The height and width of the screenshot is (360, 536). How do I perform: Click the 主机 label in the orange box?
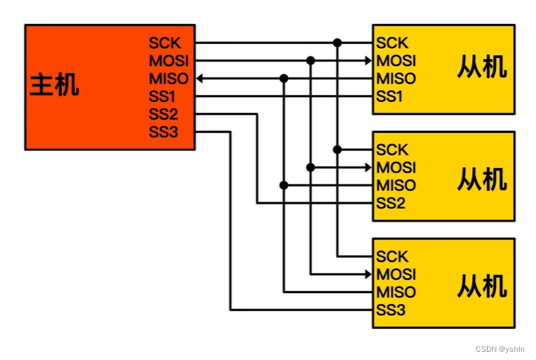54,86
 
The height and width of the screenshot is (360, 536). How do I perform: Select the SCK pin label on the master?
165,43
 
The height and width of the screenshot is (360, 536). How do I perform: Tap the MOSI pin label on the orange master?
168,60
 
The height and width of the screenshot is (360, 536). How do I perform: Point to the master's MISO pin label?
168,78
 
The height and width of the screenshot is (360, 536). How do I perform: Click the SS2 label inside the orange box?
164,115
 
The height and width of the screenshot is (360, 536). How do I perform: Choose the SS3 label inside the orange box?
164,132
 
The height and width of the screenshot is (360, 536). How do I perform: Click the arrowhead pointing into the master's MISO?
200,78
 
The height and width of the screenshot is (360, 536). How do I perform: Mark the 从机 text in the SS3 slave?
482,285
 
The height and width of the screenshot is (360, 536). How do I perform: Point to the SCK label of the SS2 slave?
392,150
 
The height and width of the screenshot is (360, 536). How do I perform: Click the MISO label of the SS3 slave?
396,292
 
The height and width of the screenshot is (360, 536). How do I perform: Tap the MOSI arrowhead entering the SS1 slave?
368,60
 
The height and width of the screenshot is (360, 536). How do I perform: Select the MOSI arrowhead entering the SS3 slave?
368,274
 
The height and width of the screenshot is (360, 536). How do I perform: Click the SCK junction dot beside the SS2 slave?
337,150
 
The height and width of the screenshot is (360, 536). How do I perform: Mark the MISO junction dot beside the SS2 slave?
284,185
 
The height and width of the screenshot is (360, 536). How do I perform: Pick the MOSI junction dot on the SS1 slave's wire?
310,60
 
